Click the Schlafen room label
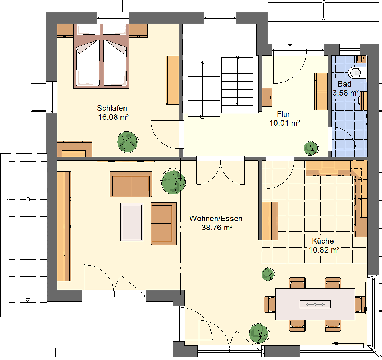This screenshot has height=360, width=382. (112, 108)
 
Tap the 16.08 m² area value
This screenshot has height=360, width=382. (113, 117)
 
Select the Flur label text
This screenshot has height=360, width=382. (284, 114)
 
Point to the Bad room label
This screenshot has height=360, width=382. (344, 84)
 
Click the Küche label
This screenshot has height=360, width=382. (323, 241)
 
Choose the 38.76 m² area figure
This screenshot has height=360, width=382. (217, 228)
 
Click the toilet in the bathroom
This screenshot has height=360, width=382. (357, 72)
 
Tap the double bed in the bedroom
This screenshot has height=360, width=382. (101, 56)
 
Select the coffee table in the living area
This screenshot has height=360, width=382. (132, 222)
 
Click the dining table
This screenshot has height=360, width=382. (315, 304)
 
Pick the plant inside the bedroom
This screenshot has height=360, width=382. (128, 142)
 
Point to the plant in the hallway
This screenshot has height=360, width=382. (311, 148)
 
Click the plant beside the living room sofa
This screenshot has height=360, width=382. (173, 182)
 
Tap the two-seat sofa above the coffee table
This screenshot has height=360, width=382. (131, 184)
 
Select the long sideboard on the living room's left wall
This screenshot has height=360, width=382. (64, 226)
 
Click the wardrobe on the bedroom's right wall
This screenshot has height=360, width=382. (172, 80)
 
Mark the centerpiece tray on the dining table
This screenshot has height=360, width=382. (315, 304)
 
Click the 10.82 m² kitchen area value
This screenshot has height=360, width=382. (324, 250)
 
